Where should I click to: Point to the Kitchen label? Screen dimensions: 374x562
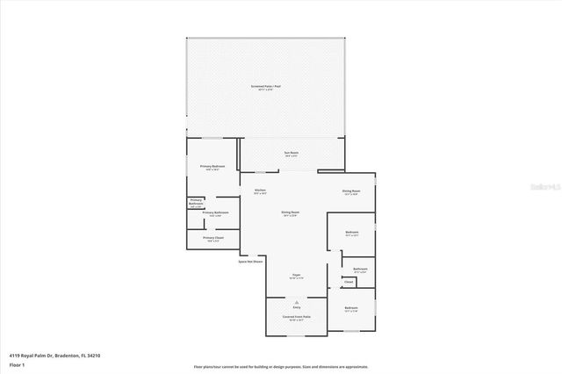tap(260, 191)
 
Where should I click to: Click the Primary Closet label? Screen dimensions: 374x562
tap(213, 238)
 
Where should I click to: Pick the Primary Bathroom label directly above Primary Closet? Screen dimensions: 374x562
tap(215, 212)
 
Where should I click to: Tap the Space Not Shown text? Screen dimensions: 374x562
tap(250, 261)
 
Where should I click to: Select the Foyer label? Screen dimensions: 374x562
tap(297, 275)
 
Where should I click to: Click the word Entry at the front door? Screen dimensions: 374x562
tap(297, 307)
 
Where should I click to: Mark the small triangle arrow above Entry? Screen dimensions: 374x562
tap(297, 301)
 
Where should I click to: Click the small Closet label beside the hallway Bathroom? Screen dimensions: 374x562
tap(348, 282)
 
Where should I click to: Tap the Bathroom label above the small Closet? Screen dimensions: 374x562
tap(360, 269)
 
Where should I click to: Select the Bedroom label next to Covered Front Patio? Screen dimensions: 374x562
tap(351, 307)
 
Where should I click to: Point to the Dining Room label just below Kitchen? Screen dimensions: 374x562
tap(291, 212)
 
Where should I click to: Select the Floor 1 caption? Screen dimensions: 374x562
tap(17, 363)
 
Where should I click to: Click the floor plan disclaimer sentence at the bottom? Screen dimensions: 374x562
tap(281, 366)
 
